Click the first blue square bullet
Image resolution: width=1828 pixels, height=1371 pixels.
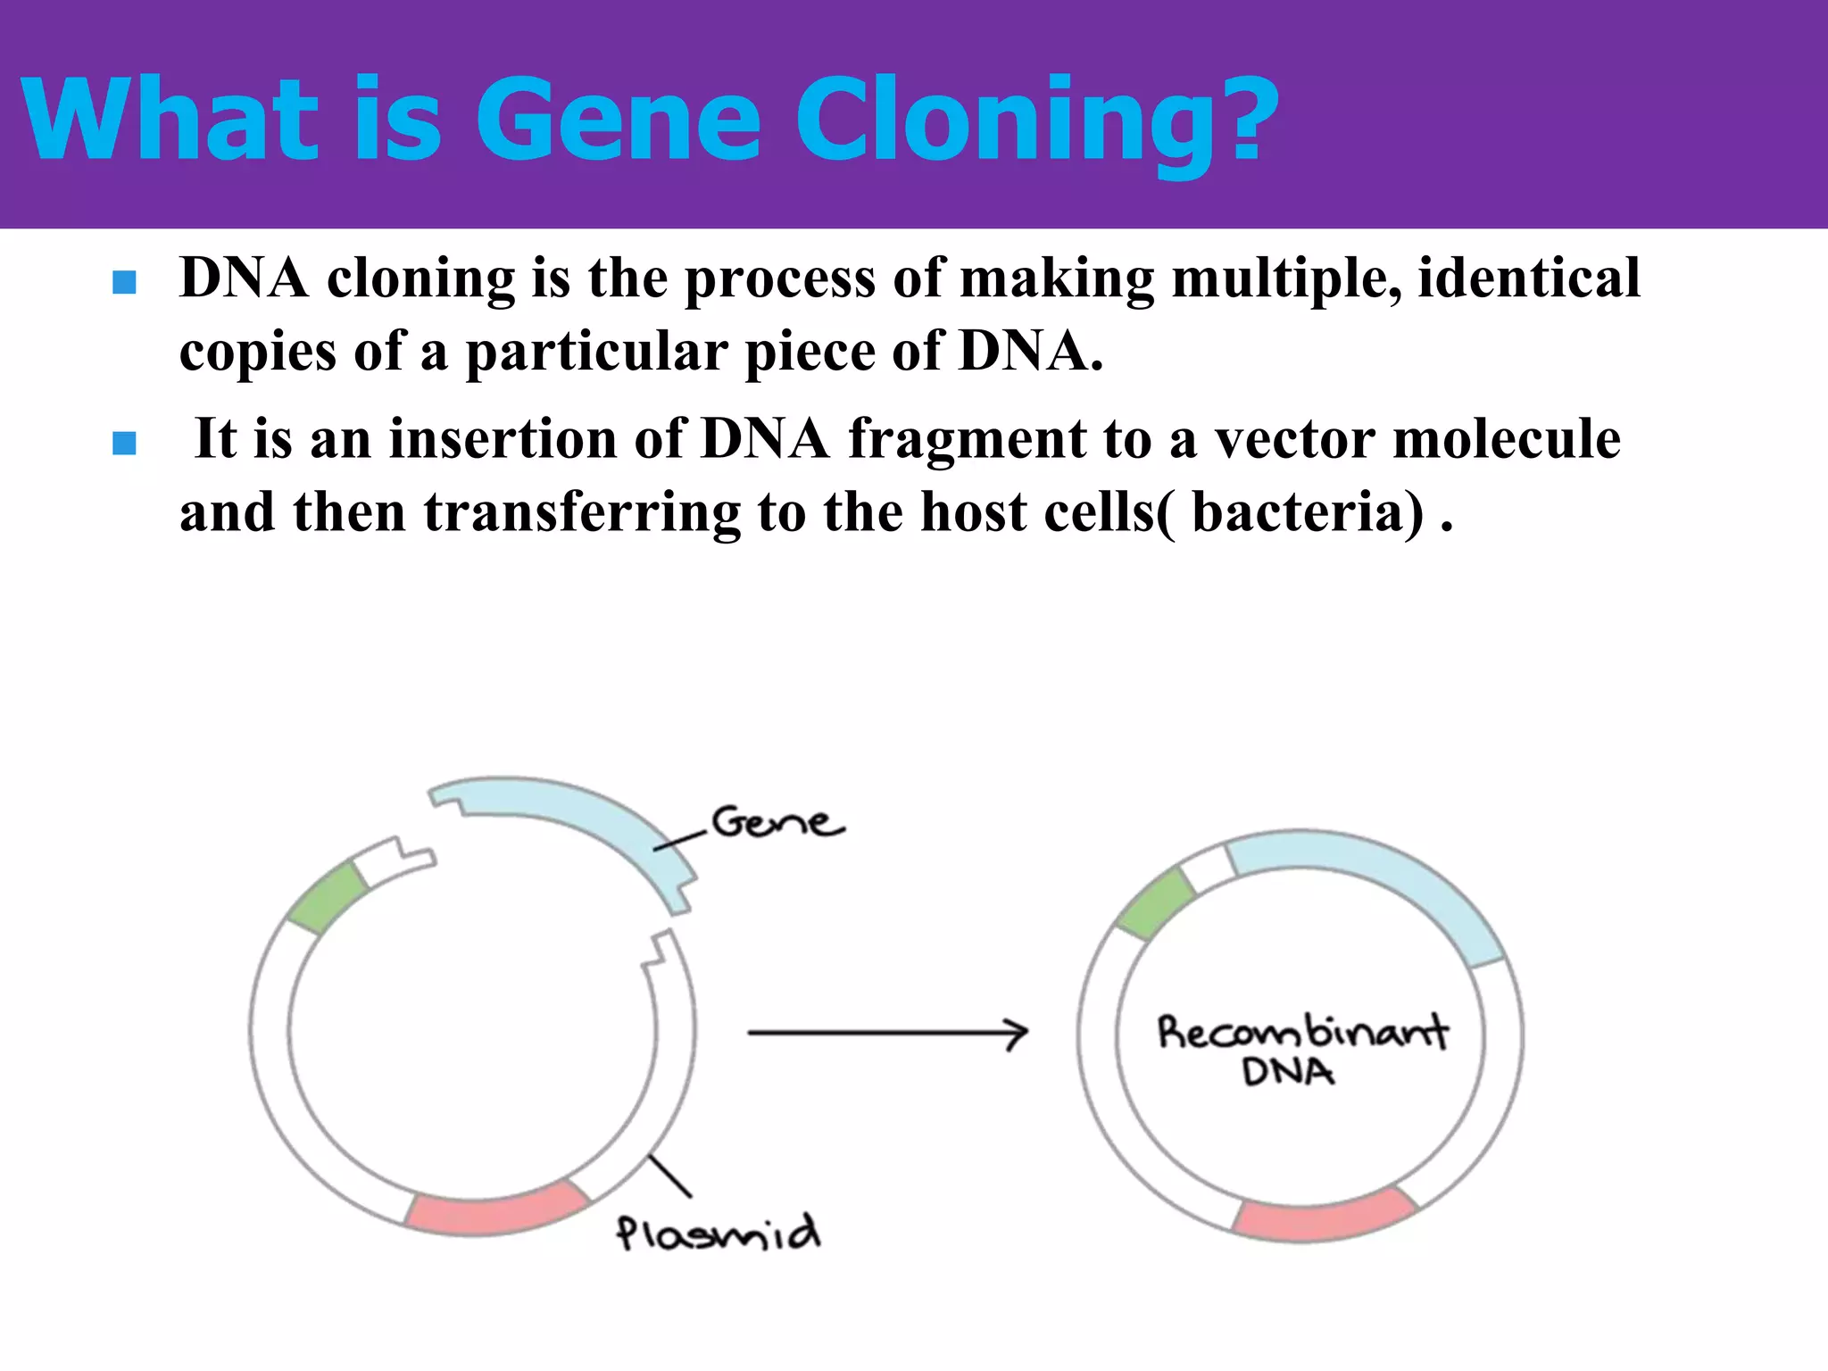point(125,283)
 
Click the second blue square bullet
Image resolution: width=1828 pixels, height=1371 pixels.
point(125,443)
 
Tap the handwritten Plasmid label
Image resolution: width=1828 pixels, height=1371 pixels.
point(718,1234)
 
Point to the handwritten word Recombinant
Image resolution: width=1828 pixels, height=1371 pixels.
point(1302,1033)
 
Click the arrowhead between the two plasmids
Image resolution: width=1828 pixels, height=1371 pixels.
point(1018,1034)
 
